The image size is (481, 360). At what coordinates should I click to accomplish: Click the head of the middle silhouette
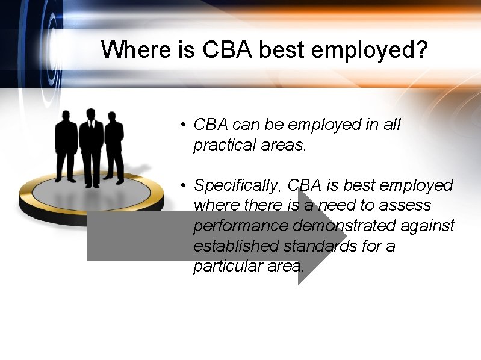coord(91,114)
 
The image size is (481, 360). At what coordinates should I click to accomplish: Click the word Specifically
coord(238,185)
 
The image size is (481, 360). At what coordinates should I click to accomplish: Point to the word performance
coord(241,226)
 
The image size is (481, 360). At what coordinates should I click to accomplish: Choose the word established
coord(236,246)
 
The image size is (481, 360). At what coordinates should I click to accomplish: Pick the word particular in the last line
coord(226,266)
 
